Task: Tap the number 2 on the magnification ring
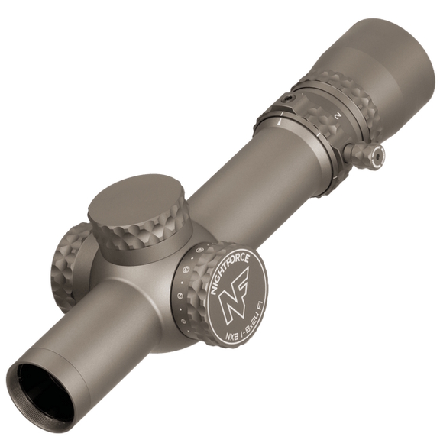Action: coord(337,115)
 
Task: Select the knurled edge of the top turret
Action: coord(141,233)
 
